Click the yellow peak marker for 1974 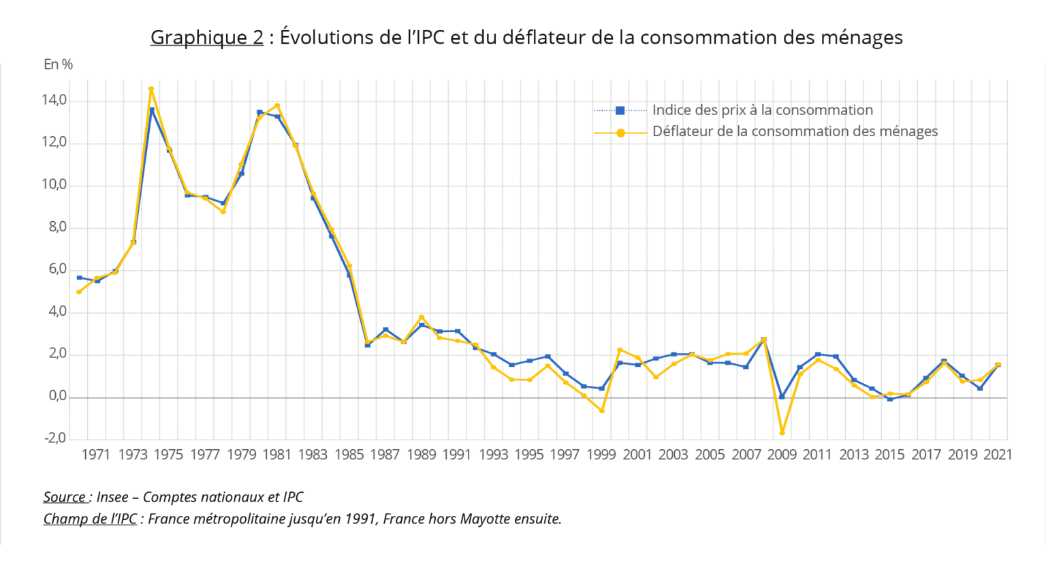(151, 89)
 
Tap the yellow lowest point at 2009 (782, 433)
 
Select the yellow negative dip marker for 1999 (602, 411)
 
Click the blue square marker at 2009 (782, 397)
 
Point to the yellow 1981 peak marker (277, 105)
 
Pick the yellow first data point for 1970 (79, 292)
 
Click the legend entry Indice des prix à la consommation (762, 110)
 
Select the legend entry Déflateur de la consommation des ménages (795, 131)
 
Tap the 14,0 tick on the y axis (54, 101)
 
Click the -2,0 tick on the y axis (55, 438)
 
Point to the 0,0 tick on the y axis (57, 396)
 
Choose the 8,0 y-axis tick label (57, 227)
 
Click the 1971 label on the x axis (96, 455)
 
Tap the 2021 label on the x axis (998, 455)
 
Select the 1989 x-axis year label (421, 455)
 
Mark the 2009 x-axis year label (782, 455)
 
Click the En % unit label (58, 65)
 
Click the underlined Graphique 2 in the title (206, 37)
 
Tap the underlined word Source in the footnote (65, 497)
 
